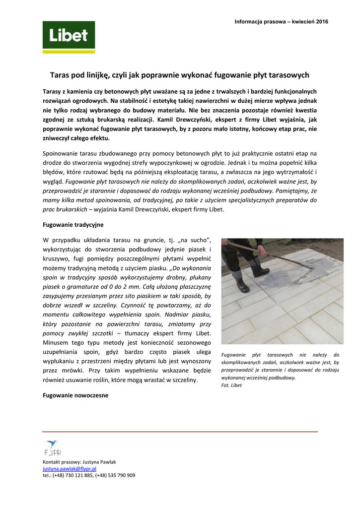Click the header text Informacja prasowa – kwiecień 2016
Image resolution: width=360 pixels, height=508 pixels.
281,22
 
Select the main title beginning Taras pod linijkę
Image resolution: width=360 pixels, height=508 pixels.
180,75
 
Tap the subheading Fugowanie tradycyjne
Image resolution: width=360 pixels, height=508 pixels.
73,225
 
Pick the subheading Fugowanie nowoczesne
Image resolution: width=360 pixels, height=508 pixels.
75,395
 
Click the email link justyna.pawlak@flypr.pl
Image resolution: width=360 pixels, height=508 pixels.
70,468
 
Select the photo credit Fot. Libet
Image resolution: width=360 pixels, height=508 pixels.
231,385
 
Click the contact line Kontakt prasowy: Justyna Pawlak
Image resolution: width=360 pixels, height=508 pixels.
79,462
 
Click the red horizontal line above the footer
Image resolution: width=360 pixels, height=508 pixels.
180,432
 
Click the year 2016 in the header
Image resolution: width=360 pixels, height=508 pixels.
322,22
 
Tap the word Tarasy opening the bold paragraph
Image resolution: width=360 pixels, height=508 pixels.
52,92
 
